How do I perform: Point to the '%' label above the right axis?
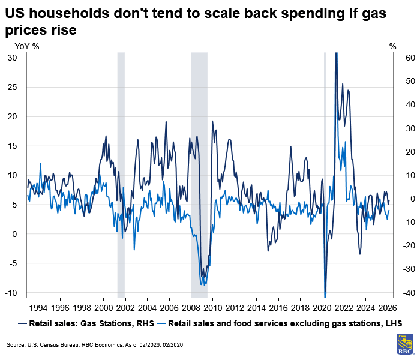tap(393, 46)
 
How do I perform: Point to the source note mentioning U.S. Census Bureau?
tap(95, 345)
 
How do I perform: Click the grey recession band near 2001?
tap(121, 174)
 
